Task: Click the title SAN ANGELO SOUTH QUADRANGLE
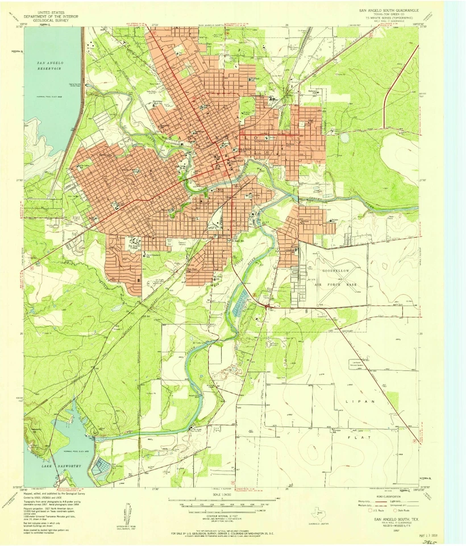(388, 10)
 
